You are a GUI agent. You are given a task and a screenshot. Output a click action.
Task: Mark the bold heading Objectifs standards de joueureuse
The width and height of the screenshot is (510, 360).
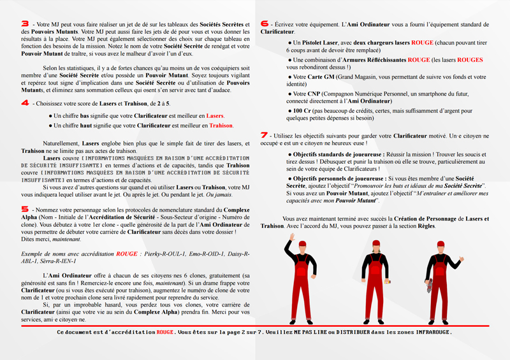[x=335, y=154]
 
